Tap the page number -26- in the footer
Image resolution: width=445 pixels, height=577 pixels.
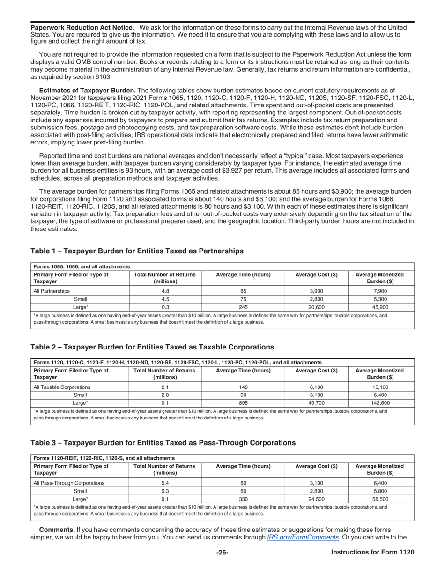tap(222, 553)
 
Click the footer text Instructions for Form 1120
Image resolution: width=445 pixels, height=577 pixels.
tap(372, 553)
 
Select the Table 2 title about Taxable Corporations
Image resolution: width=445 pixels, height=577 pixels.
tap(152, 347)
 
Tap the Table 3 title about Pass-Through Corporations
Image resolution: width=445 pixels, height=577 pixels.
tap(163, 443)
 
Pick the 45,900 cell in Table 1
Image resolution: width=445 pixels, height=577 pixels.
tap(380, 307)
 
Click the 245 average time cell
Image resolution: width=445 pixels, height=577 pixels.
tap(243, 307)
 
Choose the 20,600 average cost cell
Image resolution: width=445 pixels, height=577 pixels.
tap(317, 307)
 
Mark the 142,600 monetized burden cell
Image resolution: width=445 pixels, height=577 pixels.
tap(380, 403)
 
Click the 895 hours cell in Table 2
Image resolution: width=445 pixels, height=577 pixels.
tap(243, 403)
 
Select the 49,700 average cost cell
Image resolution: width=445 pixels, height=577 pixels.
tap(317, 403)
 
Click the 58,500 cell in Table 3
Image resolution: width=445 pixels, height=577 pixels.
tap(380, 499)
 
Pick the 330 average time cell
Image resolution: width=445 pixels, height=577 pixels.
tap(243, 499)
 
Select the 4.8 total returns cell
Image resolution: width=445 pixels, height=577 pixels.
tap(165, 291)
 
